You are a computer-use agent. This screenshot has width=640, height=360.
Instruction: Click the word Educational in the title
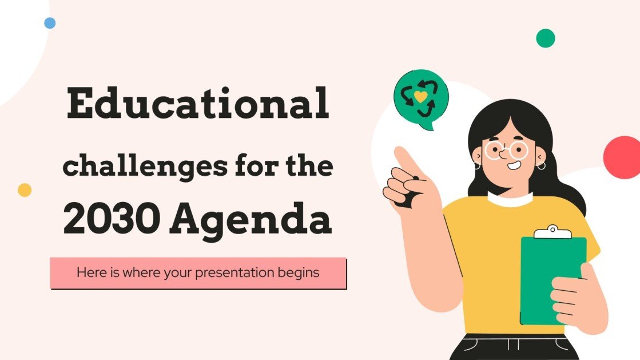(x=198, y=105)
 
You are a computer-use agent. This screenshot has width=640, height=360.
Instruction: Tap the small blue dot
(x=50, y=23)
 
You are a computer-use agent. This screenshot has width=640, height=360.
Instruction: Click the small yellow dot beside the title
(x=25, y=190)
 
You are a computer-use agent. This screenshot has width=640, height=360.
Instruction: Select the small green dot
(x=546, y=38)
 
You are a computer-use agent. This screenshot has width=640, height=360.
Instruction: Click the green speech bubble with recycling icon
(x=421, y=97)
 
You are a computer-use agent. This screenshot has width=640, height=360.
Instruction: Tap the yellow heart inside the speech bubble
(x=420, y=96)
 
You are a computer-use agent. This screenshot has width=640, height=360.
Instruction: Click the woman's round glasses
(x=507, y=151)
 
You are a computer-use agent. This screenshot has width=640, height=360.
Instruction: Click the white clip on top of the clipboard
(x=552, y=232)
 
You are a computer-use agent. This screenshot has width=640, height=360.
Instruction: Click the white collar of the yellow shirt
(x=510, y=200)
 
